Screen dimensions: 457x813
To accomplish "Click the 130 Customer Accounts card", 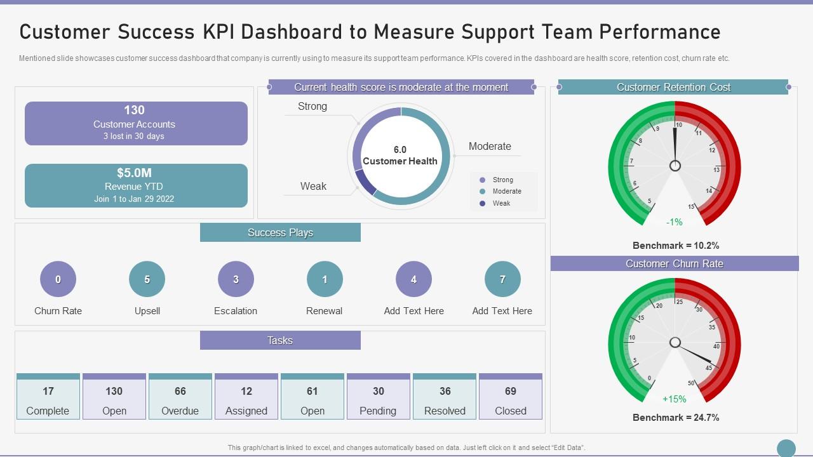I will click(136, 123).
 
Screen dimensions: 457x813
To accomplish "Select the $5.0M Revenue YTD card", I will click(136, 185).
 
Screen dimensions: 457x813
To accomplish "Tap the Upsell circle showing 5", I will click(147, 279).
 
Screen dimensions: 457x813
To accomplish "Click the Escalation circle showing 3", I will click(236, 279).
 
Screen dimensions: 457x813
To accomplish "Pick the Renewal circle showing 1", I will click(325, 279).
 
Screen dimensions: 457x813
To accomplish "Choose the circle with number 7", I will click(502, 279).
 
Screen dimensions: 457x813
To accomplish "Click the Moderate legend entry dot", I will click(483, 191).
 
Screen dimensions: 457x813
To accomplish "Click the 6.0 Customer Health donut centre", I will click(400, 156).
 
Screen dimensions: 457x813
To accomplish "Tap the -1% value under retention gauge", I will click(675, 222).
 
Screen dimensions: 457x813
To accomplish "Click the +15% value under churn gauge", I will click(675, 399).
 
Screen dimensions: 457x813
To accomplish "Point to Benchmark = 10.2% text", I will click(676, 245).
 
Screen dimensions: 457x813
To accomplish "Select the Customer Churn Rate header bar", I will click(675, 263).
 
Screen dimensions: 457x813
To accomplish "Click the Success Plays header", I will click(280, 232).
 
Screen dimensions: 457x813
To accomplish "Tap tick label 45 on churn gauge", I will click(709, 368).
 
